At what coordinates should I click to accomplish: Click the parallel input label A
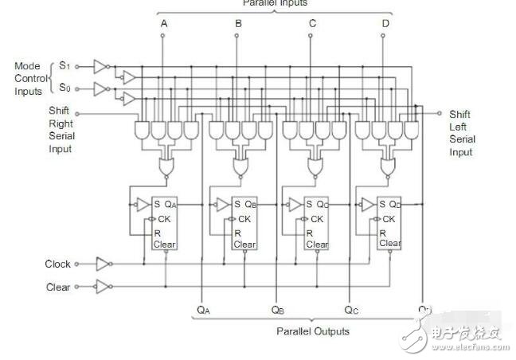(163, 24)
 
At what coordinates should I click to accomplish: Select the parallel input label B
(237, 24)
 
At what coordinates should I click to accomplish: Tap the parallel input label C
(311, 24)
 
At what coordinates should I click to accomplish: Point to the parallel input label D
(385, 24)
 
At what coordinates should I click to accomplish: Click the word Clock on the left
(57, 264)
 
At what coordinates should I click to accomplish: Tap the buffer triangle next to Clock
(104, 264)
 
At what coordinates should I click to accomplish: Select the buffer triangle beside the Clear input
(104, 287)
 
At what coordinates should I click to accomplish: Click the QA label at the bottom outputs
(203, 309)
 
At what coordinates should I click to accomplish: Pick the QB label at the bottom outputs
(277, 309)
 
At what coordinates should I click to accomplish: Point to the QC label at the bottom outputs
(351, 309)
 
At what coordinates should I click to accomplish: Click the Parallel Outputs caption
(312, 331)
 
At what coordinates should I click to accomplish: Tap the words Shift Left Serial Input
(462, 133)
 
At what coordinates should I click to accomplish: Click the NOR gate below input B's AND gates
(238, 166)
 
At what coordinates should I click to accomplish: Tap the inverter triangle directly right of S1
(100, 65)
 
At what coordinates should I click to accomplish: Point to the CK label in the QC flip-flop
(317, 219)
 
